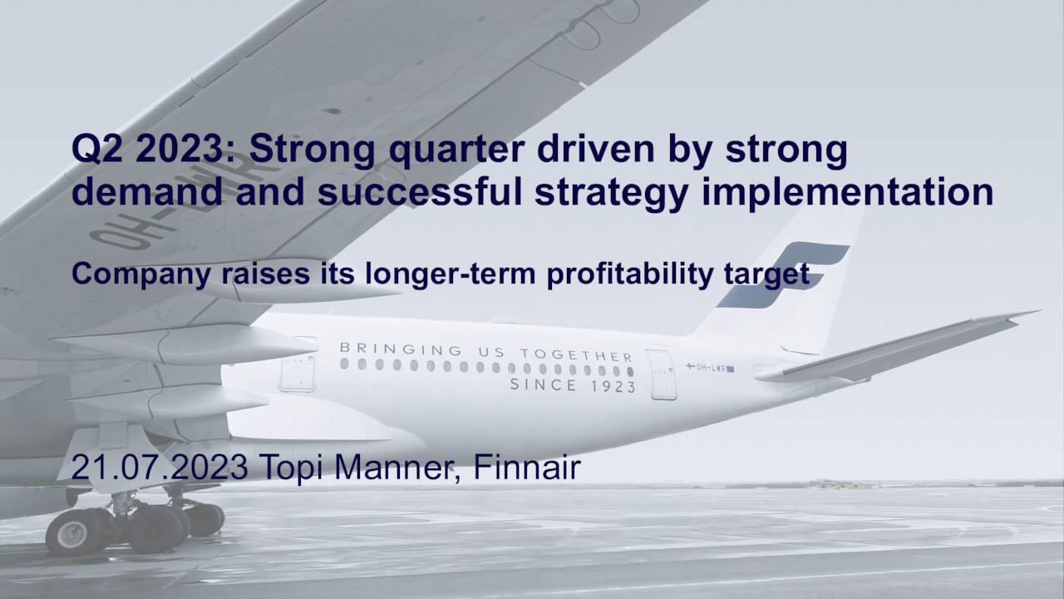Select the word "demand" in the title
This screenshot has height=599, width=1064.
tap(147, 192)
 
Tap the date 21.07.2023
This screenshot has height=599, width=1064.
tap(159, 468)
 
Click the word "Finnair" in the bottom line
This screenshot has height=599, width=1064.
tap(526, 468)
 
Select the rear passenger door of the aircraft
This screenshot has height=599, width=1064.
tap(661, 374)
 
